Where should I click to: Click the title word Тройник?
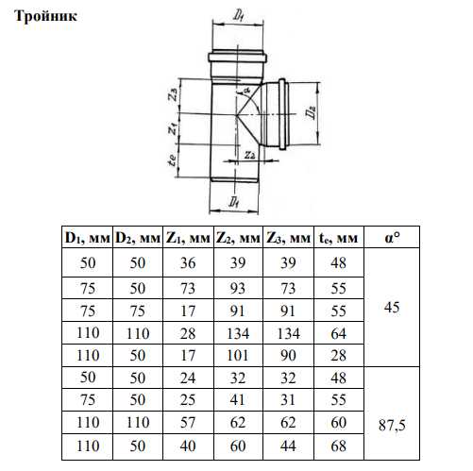(46, 16)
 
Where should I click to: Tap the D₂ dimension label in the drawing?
(312, 113)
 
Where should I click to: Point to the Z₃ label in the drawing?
(173, 94)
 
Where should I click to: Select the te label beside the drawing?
(172, 160)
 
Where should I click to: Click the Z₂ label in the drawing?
(250, 155)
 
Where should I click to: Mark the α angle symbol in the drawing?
(245, 91)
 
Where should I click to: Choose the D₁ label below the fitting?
(233, 201)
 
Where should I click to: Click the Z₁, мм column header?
(188, 238)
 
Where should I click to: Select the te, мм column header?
(338, 238)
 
